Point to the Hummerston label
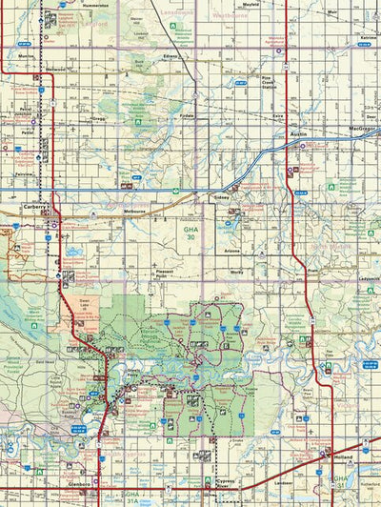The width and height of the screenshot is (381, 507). click(x=96, y=5)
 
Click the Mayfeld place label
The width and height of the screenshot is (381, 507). click(x=277, y=5)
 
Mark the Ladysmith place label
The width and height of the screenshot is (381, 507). click(x=368, y=266)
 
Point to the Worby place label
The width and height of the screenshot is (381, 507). click(x=237, y=271)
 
